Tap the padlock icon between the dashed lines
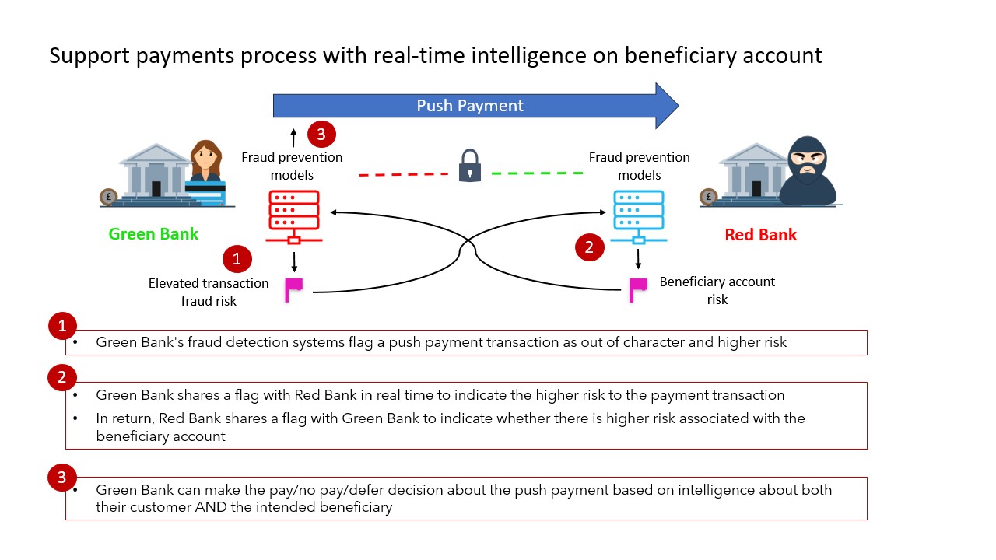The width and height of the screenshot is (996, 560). click(469, 166)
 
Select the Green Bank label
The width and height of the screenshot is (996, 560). click(153, 234)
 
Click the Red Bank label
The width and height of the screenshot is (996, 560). click(760, 235)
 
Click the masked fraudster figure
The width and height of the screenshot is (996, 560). click(807, 173)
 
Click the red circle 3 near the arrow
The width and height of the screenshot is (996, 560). click(321, 134)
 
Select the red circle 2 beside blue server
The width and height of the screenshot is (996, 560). click(589, 247)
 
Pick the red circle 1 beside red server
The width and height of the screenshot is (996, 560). click(237, 259)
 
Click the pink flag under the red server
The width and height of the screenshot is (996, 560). click(293, 289)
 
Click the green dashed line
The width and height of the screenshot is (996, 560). click(537, 173)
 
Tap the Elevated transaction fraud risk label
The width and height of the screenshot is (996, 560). click(209, 292)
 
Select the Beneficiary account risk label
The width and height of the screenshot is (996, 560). click(717, 290)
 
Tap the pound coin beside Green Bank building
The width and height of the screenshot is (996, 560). click(109, 198)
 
